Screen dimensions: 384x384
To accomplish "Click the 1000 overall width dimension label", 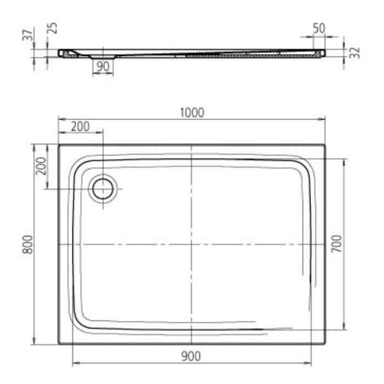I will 191,112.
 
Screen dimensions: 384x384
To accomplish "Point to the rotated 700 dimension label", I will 337,243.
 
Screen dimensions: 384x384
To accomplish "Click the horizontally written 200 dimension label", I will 80,126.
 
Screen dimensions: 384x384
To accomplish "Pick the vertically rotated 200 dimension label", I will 41,166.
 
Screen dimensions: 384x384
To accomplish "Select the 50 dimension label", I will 318,27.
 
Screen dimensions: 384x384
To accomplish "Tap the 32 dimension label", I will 354,53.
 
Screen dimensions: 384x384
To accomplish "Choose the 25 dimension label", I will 52,29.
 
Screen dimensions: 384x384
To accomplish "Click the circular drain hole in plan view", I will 103,189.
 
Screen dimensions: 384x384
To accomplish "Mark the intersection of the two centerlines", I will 190,244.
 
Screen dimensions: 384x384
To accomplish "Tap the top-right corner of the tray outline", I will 325,145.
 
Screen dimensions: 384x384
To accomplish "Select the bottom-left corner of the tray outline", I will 59,344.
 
